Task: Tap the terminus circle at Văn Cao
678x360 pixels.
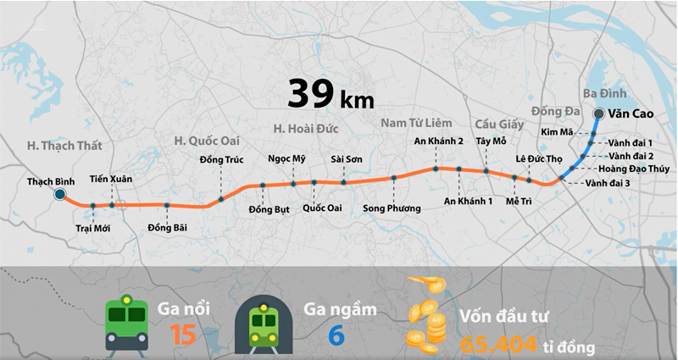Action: pyautogui.click(x=598, y=114)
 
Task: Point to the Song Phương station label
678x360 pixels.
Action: pyautogui.click(x=391, y=208)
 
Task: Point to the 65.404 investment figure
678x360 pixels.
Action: pyautogui.click(x=499, y=345)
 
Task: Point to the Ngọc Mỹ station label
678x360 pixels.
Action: pyautogui.click(x=286, y=159)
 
